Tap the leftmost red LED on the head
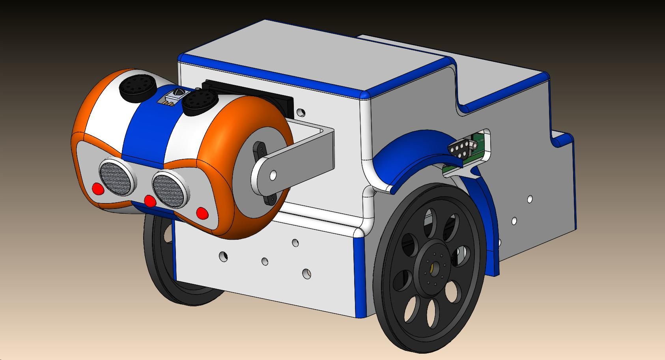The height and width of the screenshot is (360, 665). pos(98,189)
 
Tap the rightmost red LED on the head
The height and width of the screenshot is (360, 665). pos(202,213)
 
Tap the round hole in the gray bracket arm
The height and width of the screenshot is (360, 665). pos(273,175)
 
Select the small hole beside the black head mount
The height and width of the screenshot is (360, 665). pos(301,113)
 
